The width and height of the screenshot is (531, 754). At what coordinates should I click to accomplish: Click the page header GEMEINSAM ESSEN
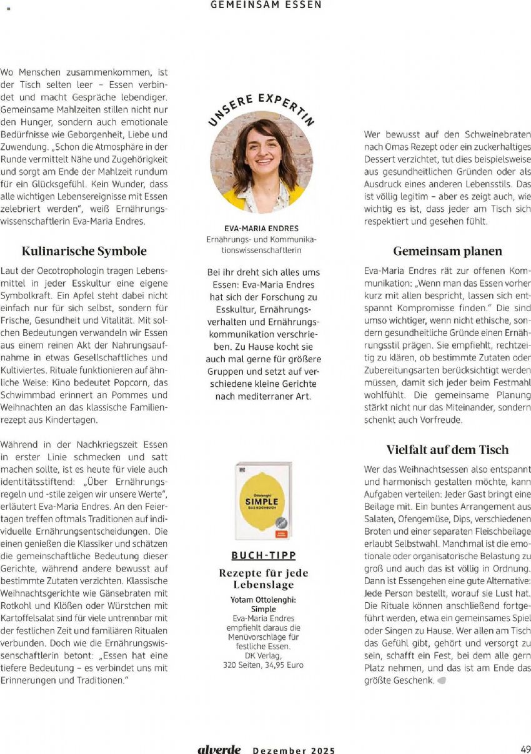pos(266,5)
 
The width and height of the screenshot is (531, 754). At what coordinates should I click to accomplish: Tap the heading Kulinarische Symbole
pos(84,251)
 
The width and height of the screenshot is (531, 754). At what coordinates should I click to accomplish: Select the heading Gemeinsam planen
pos(447,251)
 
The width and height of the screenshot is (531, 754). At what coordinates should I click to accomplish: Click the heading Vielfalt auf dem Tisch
pos(447,450)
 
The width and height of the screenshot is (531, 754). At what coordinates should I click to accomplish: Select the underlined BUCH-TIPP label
pos(263,555)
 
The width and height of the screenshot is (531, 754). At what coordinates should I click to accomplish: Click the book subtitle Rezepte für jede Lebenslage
pos(263,578)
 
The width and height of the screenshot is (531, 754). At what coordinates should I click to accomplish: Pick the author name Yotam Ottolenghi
pos(263,600)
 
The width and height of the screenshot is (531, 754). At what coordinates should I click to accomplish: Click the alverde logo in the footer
pos(219,750)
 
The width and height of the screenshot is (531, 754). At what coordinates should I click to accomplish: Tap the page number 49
pos(525,750)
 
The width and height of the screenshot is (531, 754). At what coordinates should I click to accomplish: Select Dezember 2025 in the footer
pos(294,750)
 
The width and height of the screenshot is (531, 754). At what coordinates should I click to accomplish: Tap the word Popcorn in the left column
pos(137,382)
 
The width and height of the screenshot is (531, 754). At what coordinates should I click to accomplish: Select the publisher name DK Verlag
pos(263,655)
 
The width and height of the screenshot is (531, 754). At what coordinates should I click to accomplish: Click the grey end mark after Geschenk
pos(442,680)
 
